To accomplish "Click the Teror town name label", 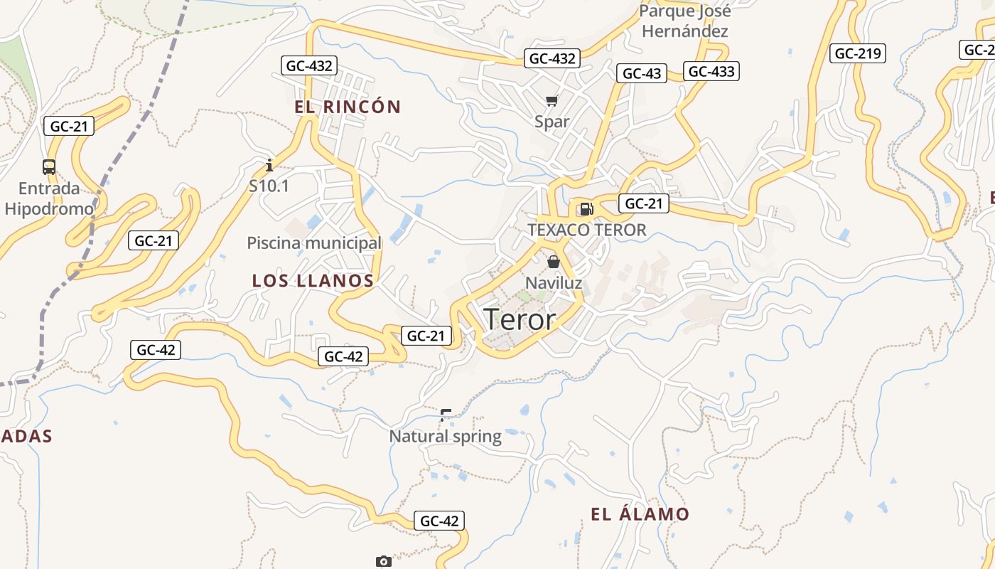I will tap(520, 319).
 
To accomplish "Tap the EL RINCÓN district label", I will tap(348, 107).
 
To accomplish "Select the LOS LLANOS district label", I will tap(313, 281).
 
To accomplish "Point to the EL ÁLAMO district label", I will tap(640, 514).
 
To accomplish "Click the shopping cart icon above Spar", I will tap(552, 101).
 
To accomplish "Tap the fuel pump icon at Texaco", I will tap(586, 208).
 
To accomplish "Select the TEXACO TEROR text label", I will tap(587, 230).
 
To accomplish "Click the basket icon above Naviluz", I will tap(554, 262).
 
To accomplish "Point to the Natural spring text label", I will tap(445, 436).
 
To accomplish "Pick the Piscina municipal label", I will tap(314, 243).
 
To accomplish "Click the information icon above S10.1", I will tap(269, 166).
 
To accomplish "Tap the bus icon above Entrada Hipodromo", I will tap(49, 167).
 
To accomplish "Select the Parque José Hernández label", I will tap(684, 21).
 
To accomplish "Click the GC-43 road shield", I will tap(642, 73).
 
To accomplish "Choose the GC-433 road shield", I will tap(711, 71).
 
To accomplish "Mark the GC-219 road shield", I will tap(857, 53).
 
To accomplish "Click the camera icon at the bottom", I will tap(383, 562).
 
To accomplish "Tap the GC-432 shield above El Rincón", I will tap(308, 66).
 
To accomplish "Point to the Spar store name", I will tap(552, 122).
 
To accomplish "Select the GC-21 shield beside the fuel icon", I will tap(643, 204).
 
